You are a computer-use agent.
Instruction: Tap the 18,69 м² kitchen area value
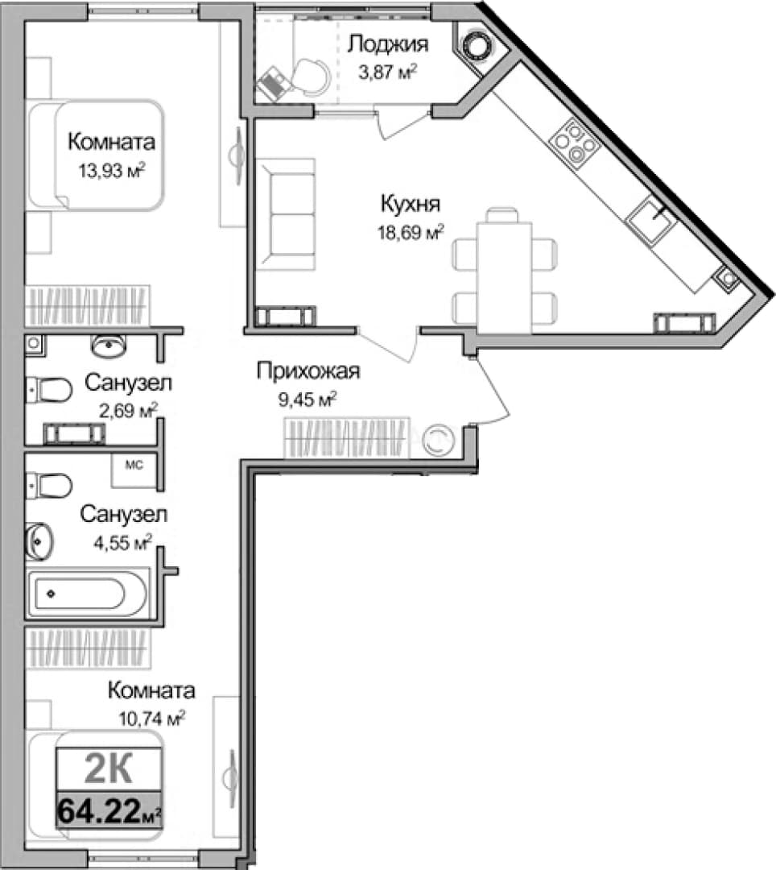click(411, 233)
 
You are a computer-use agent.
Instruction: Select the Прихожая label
click(308, 371)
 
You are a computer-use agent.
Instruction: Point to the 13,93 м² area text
click(111, 170)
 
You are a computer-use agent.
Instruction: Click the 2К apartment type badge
click(109, 769)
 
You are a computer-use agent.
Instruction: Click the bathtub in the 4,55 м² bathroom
click(86, 594)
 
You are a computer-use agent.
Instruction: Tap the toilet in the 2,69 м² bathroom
click(49, 390)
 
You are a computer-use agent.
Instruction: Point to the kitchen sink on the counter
click(651, 220)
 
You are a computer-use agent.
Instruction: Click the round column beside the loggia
click(476, 43)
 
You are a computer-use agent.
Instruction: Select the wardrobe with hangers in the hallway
click(346, 438)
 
